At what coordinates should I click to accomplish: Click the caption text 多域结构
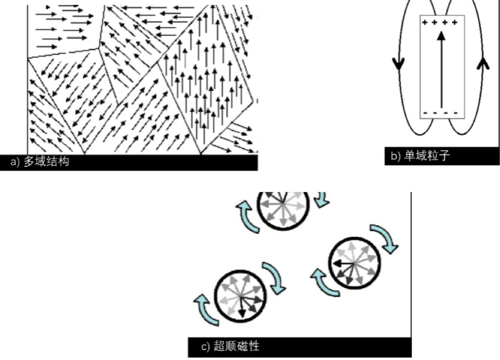pyautogui.click(x=46, y=161)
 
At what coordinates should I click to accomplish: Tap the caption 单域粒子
pyautogui.click(x=427, y=155)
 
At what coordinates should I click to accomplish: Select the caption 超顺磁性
pyautogui.click(x=236, y=346)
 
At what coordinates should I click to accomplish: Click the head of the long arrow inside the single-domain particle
pyautogui.click(x=441, y=35)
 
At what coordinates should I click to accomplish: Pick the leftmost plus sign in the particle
pyautogui.click(x=424, y=22)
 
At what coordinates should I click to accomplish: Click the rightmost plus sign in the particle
pyautogui.click(x=454, y=22)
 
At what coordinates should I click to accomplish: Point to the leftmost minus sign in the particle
pyautogui.click(x=426, y=113)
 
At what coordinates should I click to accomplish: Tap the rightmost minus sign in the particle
pyautogui.click(x=455, y=113)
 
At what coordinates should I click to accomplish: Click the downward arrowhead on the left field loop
pyautogui.click(x=398, y=63)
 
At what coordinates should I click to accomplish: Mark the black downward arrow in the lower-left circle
pyautogui.click(x=241, y=307)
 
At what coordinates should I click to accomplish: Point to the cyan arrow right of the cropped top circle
pyautogui.click(x=322, y=199)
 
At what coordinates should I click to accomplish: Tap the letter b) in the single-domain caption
pyautogui.click(x=395, y=156)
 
